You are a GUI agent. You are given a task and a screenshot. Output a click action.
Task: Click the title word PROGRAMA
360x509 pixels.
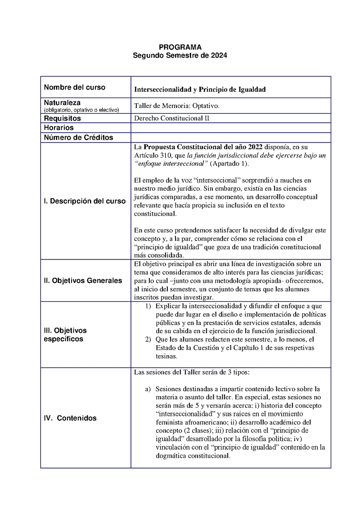pyautogui.click(x=180, y=47)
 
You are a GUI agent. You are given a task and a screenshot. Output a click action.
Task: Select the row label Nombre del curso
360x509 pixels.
pyautogui.click(x=74, y=87)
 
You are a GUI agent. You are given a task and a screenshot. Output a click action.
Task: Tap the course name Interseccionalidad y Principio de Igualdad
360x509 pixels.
pyautogui.click(x=200, y=89)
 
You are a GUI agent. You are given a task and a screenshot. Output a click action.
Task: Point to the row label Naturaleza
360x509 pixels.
pyautogui.click(x=62, y=103)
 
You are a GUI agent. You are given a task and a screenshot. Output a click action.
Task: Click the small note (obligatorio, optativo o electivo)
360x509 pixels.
pyautogui.click(x=81, y=110)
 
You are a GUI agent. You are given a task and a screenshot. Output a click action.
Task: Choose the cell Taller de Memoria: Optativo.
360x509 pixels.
pyautogui.click(x=177, y=106)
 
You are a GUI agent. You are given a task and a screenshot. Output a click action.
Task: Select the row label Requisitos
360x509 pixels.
pyautogui.click(x=62, y=119)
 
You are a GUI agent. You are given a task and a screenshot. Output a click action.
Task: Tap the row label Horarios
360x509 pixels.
pyautogui.click(x=58, y=128)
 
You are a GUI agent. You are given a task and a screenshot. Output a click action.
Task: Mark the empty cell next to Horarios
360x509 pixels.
pyautogui.click(x=230, y=128)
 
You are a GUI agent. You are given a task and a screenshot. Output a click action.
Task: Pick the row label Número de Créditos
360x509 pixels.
pyautogui.click(x=78, y=138)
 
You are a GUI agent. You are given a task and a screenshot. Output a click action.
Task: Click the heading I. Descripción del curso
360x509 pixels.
pyautogui.click(x=85, y=201)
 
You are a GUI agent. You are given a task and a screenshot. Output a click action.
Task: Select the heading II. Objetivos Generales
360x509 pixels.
pyautogui.click(x=83, y=281)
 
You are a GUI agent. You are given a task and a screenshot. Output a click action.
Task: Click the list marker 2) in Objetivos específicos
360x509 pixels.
pyautogui.click(x=148, y=339)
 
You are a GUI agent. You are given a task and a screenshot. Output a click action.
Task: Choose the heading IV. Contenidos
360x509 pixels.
pyautogui.click(x=70, y=418)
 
